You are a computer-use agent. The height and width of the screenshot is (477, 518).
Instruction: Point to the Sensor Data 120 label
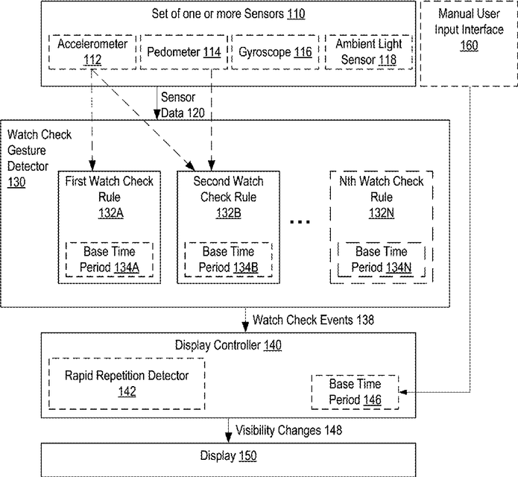point(183,105)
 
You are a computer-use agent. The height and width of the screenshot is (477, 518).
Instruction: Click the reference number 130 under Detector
point(16,182)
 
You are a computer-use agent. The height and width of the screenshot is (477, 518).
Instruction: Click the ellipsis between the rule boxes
point(300,221)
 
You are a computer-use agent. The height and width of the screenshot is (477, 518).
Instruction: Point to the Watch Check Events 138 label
point(313,320)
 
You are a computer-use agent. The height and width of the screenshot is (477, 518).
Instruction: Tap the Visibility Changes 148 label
point(288,430)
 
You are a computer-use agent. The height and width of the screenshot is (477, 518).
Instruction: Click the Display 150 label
point(228,456)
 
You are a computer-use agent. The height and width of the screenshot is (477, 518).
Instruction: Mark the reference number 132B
point(229,213)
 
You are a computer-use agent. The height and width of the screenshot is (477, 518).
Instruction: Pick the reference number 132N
point(382,213)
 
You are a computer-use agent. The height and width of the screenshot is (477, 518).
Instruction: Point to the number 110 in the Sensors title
point(296,14)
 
